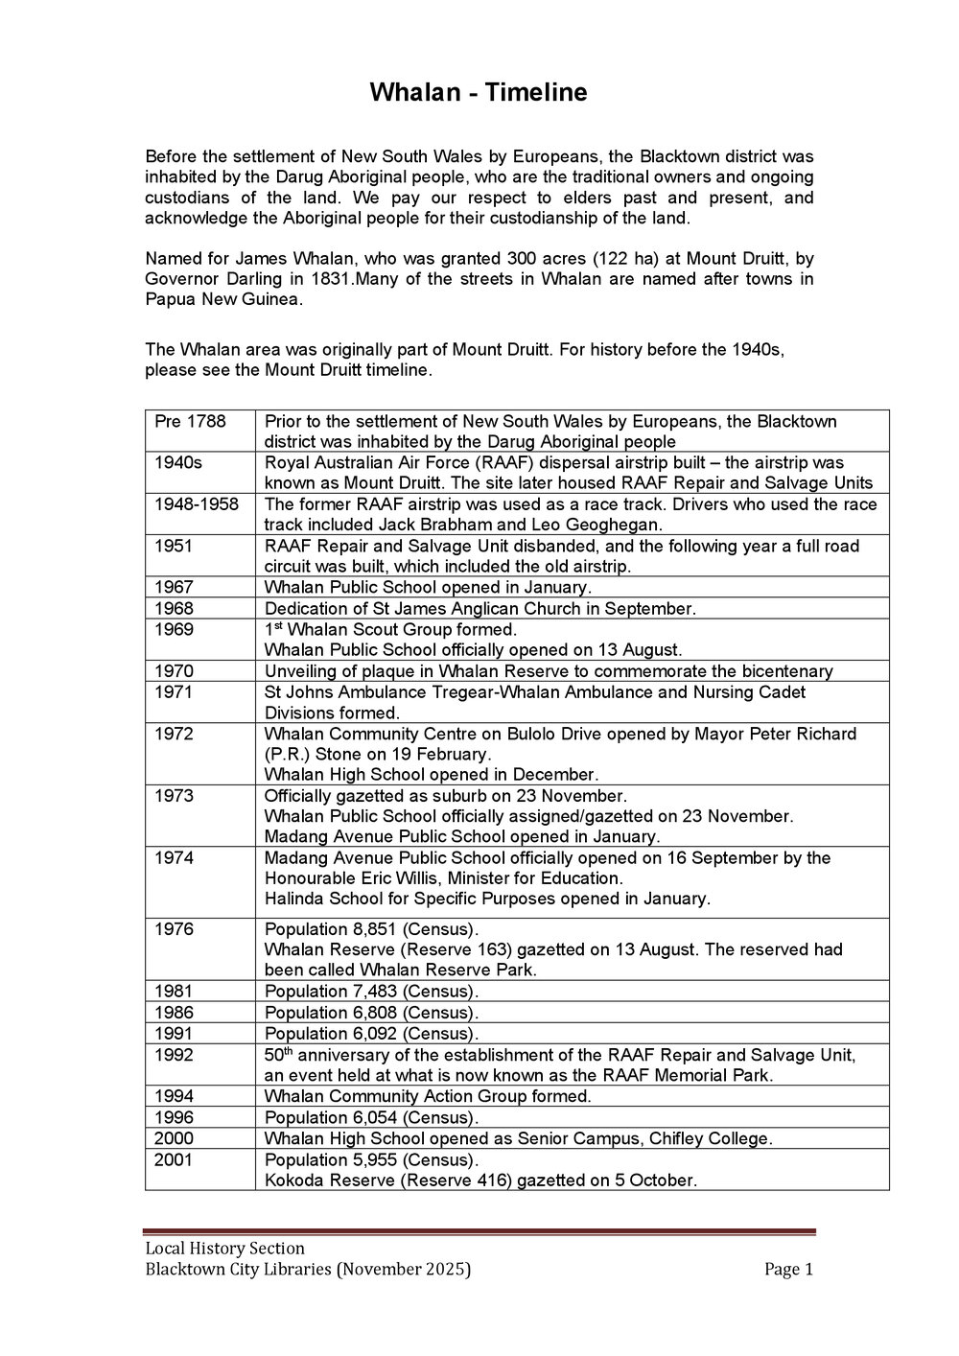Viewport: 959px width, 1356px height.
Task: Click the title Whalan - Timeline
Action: click(478, 93)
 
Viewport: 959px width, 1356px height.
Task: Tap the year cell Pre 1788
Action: click(190, 421)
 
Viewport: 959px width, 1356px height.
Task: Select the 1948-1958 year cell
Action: click(197, 504)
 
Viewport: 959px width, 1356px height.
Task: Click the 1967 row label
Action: click(174, 587)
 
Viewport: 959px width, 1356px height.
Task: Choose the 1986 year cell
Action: click(174, 1013)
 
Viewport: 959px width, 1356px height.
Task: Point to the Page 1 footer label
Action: click(788, 1270)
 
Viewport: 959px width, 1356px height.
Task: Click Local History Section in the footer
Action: click(224, 1249)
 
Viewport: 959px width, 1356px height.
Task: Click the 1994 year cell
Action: click(174, 1096)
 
